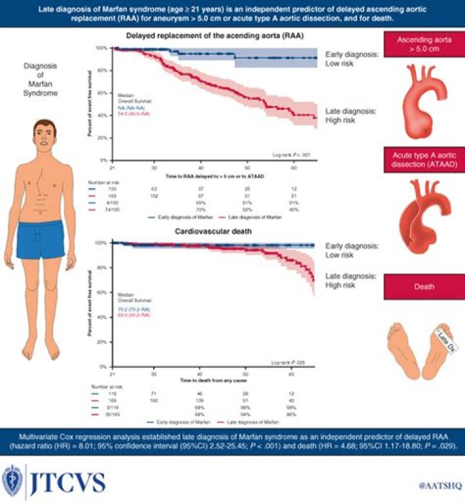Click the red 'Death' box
(x=423, y=286)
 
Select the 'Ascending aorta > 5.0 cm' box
(x=423, y=47)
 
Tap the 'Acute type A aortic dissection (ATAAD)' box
(x=423, y=159)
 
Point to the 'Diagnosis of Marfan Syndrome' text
(x=40, y=79)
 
